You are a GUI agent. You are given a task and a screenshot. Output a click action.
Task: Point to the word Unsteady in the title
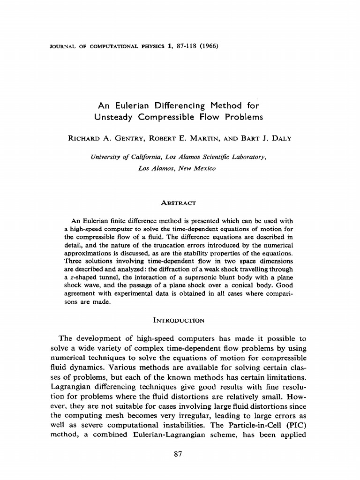tap(115, 117)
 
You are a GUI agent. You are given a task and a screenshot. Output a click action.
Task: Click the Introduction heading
tap(179, 321)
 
